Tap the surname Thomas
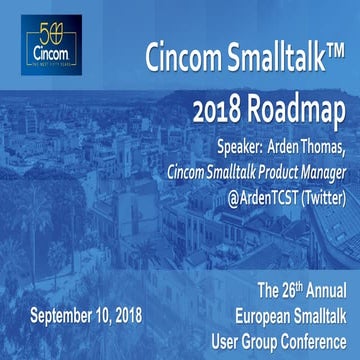tap(329, 147)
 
